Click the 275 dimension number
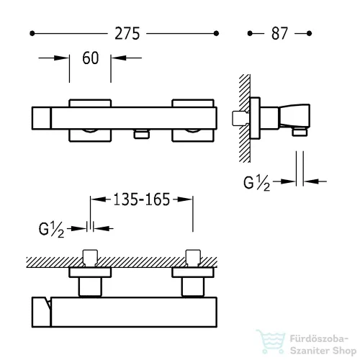coord(127,33)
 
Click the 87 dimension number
coord(279,33)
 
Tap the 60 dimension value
coord(91,58)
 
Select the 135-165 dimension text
coord(142,199)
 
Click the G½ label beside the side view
coord(256,183)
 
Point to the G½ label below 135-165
coord(51,230)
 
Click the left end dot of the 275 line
coord(32,33)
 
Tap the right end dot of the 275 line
coord(216,33)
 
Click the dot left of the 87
coord(250,33)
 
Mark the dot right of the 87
coord(309,33)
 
